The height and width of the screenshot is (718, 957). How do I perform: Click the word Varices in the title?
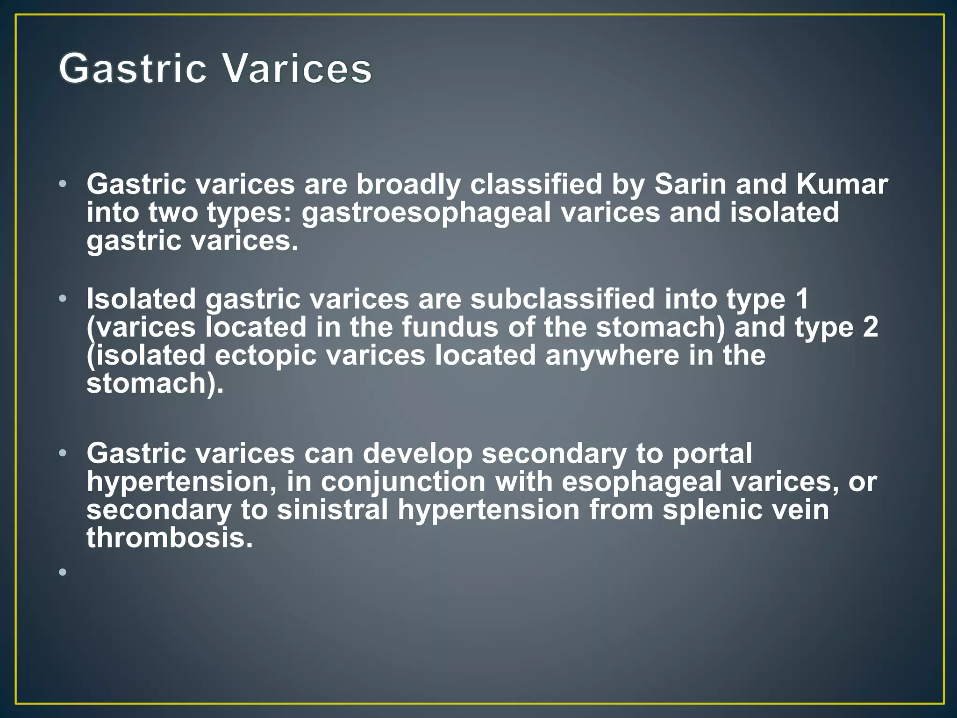[297, 69]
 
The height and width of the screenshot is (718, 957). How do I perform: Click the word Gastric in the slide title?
[133, 69]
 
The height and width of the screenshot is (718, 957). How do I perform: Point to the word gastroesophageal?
[426, 213]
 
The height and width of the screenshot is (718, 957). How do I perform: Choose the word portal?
[712, 454]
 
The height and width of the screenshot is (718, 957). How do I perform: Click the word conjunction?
[403, 482]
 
